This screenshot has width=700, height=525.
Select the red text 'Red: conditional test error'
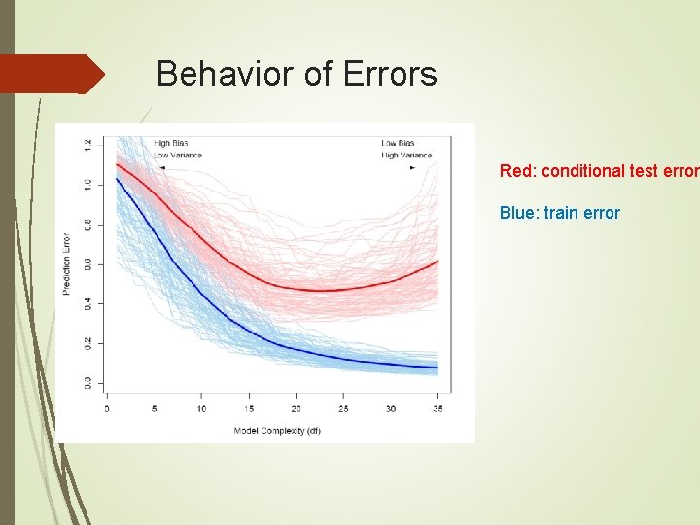[x=598, y=171]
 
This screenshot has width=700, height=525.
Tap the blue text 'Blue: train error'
[x=559, y=213]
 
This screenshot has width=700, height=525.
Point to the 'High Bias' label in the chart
[x=171, y=144]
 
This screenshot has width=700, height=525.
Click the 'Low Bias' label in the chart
[x=398, y=144]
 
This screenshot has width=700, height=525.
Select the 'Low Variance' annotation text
[x=178, y=155]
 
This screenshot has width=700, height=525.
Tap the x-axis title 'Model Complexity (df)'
[x=277, y=430]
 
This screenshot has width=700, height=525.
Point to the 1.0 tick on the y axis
[x=87, y=183]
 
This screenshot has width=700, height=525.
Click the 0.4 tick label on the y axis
[x=87, y=303]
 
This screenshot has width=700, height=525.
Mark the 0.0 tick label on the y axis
[x=87, y=382]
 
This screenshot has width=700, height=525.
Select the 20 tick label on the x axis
[x=296, y=409]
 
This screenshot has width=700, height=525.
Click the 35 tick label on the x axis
[x=437, y=409]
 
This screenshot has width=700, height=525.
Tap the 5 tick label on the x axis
[x=154, y=409]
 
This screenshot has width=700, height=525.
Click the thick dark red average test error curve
[x=292, y=288]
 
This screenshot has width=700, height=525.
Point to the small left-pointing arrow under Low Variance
[x=161, y=167]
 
